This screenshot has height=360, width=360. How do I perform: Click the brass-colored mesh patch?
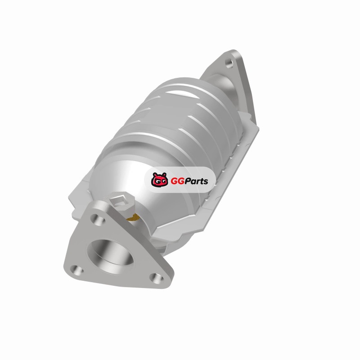[x=134, y=218]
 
